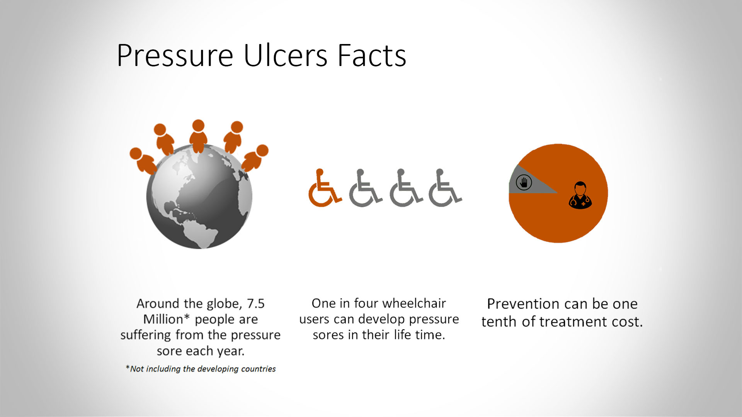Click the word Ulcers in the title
coord(286,56)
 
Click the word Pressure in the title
coord(175,56)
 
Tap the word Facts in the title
coord(372,56)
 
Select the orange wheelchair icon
coord(325,188)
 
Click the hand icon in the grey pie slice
coord(524,182)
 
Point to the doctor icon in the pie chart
coord(580,195)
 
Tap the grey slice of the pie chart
coord(528,181)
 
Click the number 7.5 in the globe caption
coord(255,304)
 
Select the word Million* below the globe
coord(166,320)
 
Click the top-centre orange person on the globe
coord(198,136)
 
